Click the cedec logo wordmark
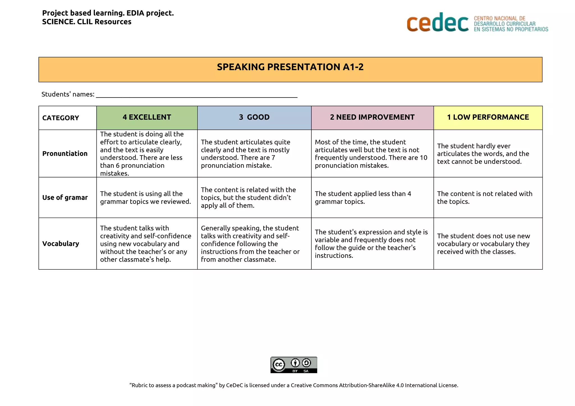pos(437,23)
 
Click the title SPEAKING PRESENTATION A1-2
pos(290,67)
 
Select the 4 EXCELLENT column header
pos(147,117)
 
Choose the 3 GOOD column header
pos(254,117)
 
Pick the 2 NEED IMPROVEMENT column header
pos(372,117)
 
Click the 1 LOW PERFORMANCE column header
pos(488,117)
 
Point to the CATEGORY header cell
pos(61,118)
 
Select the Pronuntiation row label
pos(65,154)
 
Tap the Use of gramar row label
pos(65,198)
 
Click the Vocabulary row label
pos(61,244)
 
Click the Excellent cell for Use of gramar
pos(145,198)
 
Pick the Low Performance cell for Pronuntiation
pos(483,154)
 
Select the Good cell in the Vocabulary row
pos(250,244)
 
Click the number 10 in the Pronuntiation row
pos(423,158)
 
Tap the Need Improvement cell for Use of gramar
pos(363,198)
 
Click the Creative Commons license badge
pos(294,365)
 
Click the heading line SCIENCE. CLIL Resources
pos(87,22)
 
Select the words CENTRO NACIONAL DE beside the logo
pos(499,19)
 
